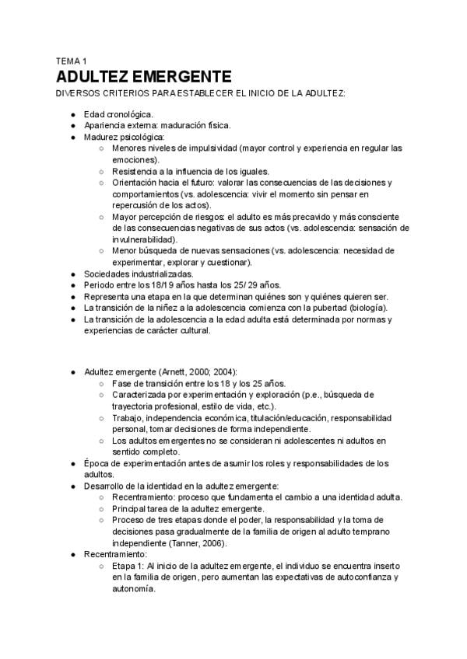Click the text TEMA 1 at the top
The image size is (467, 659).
(x=72, y=61)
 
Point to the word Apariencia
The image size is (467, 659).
(x=107, y=125)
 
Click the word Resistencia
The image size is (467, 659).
(x=135, y=171)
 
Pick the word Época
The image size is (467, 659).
(x=97, y=463)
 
